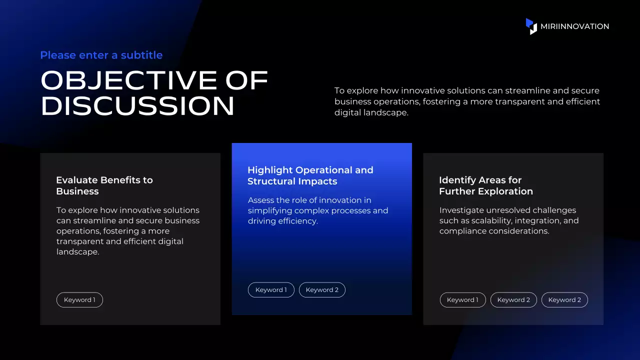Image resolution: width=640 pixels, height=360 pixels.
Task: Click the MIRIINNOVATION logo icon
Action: click(x=531, y=26)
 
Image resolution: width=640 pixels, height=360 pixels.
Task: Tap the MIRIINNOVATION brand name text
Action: click(x=574, y=26)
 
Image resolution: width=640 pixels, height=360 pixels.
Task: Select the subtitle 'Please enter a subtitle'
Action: click(x=101, y=55)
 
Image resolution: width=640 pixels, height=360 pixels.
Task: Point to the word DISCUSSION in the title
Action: click(x=137, y=105)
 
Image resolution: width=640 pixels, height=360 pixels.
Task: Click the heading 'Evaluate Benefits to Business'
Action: click(x=104, y=185)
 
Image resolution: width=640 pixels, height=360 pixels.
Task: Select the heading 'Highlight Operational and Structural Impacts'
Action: click(x=310, y=175)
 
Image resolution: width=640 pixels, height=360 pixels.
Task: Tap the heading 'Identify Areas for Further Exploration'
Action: click(x=486, y=185)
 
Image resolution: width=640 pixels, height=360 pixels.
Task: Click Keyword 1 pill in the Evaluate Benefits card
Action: click(x=79, y=299)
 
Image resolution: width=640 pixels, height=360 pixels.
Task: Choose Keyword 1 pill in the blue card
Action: click(x=271, y=289)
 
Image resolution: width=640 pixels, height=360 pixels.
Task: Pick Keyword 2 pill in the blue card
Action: click(x=322, y=289)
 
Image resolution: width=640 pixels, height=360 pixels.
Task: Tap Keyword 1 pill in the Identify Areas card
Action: click(x=462, y=299)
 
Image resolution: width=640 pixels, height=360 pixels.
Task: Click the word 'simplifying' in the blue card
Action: click(x=269, y=210)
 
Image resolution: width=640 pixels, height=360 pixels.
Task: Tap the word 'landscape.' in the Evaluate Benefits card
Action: click(x=77, y=251)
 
